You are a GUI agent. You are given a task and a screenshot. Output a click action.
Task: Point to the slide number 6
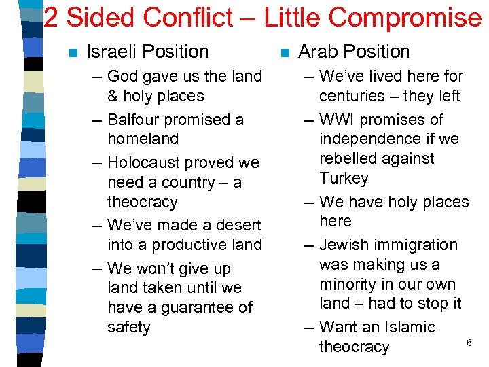click(x=469, y=343)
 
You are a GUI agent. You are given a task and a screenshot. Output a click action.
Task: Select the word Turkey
click(x=344, y=179)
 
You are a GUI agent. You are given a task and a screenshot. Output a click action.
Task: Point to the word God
click(x=122, y=76)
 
